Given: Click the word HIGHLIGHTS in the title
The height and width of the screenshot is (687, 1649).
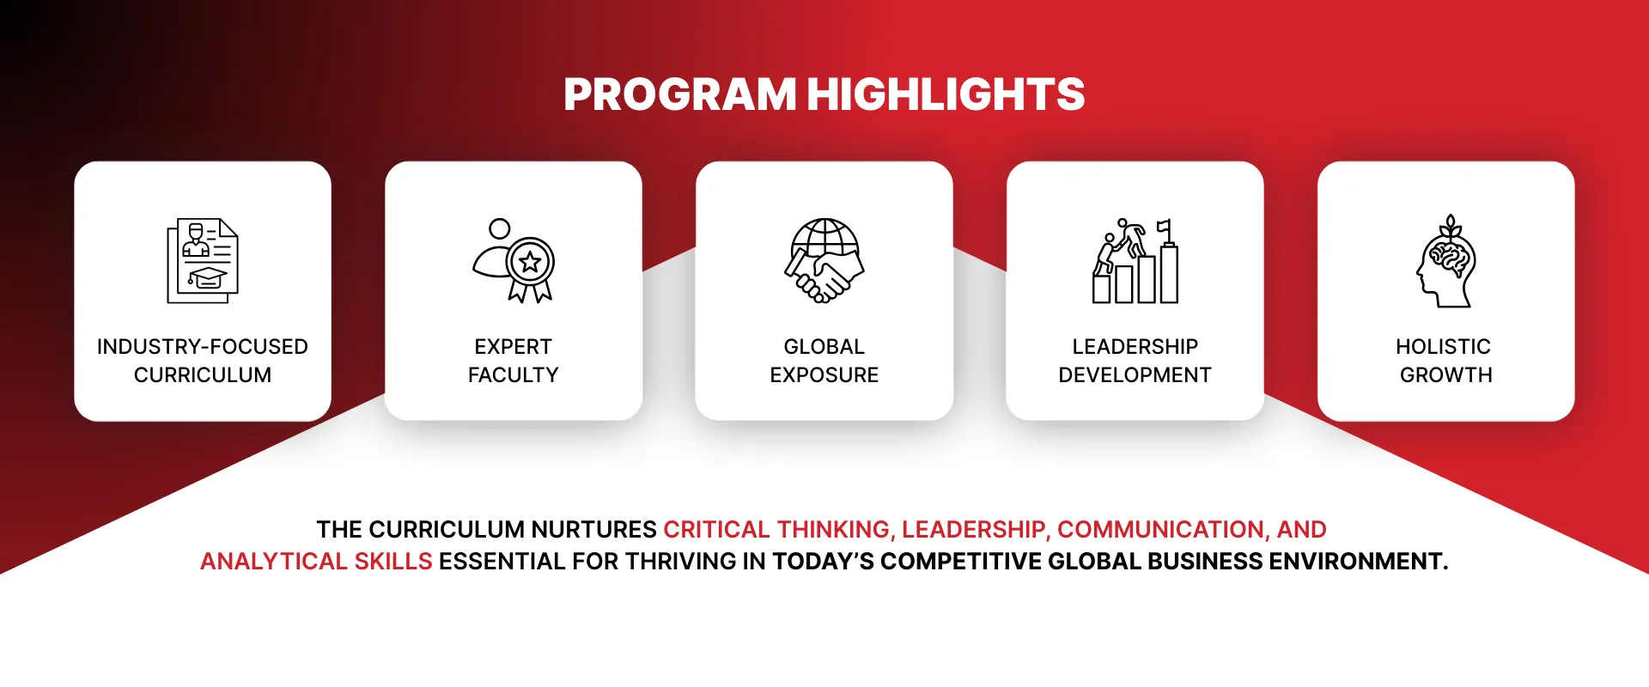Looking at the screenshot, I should coord(946,94).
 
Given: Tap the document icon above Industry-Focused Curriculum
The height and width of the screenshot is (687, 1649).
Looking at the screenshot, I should coord(203,261).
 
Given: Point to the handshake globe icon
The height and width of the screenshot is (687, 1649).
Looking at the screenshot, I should coord(824,261).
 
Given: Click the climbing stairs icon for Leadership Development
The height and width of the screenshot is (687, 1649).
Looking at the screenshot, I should coord(1135,261).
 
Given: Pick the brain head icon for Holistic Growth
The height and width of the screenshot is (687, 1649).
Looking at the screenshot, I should coord(1446,261).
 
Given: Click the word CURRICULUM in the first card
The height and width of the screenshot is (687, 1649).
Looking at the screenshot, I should coord(203,375).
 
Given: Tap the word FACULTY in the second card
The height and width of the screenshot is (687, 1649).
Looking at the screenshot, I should coord(514,375).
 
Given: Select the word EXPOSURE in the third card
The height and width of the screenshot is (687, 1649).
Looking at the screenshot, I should coord(824,375).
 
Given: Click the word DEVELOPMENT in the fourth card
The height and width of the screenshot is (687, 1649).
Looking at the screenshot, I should coord(1135,375).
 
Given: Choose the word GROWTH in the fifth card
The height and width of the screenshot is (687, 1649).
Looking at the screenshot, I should coord(1446,375).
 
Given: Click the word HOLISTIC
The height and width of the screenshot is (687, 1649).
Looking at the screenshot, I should coord(1443,347).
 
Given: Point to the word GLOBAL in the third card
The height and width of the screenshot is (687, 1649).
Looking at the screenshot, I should coord(824,347).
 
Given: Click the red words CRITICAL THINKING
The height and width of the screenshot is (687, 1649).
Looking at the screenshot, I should coord(777,530).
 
